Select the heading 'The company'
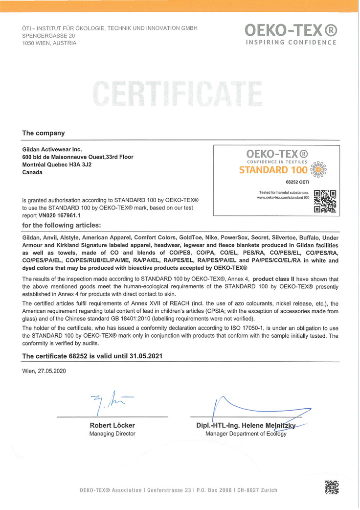pyautogui.click(x=44, y=133)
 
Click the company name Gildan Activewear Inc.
pyautogui.click(x=52, y=149)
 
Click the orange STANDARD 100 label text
pyautogui.click(x=273, y=170)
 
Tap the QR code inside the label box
pyautogui.click(x=325, y=201)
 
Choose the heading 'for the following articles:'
pyautogui.click(x=61, y=225)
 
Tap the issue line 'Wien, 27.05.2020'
pyautogui.click(x=44, y=371)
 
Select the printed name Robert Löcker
pyautogui.click(x=112, y=425)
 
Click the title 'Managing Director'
pyautogui.click(x=112, y=434)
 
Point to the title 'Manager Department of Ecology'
pyautogui.click(x=246, y=434)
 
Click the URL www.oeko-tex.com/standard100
pyautogui.click(x=284, y=197)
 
